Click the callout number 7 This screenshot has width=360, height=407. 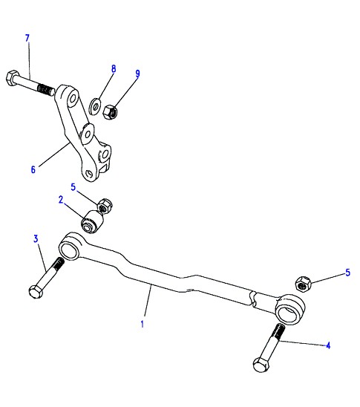click(x=27, y=38)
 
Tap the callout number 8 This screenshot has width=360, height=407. click(x=114, y=69)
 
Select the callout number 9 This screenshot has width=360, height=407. click(x=137, y=74)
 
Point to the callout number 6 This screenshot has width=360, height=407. click(x=33, y=170)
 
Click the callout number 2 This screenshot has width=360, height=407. click(x=61, y=200)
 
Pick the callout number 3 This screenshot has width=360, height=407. click(x=36, y=239)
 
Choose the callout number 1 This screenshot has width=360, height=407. click(x=142, y=325)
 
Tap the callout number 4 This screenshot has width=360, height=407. click(x=328, y=345)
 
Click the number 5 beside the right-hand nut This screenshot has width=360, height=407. click(x=348, y=273)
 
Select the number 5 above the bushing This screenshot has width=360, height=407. click(x=73, y=187)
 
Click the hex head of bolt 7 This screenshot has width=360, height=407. click(x=12, y=78)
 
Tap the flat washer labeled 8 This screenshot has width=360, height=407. click(x=94, y=106)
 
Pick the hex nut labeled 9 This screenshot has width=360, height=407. click(x=110, y=112)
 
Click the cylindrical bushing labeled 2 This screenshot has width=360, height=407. click(x=92, y=222)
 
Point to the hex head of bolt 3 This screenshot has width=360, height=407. click(x=36, y=292)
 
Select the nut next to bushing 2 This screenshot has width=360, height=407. click(x=105, y=206)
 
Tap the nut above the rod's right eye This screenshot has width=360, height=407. click(x=303, y=284)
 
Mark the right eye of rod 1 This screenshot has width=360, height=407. click(x=289, y=309)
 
